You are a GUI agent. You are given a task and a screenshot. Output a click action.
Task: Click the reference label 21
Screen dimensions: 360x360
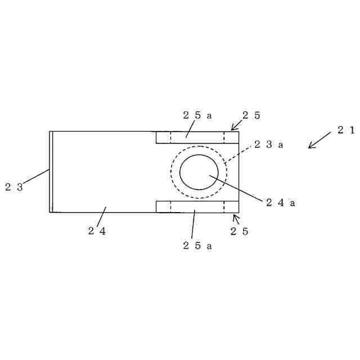[346, 130]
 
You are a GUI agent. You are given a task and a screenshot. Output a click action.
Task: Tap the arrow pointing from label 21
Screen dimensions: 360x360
[319, 141]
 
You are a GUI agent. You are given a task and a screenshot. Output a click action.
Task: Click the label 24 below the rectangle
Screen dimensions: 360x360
[97, 231]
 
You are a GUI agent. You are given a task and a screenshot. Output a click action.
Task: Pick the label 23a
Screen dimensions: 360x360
[268, 145]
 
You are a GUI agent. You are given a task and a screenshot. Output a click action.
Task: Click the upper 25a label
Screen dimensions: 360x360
[197, 115]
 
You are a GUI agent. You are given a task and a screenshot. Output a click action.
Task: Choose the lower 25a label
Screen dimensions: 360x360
[197, 245]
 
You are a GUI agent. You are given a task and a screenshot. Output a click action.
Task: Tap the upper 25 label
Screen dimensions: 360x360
[251, 115]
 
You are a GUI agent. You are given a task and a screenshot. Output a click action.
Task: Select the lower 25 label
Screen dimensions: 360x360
[239, 231]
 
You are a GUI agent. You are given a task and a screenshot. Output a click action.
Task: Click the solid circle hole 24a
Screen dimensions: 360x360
[199, 172]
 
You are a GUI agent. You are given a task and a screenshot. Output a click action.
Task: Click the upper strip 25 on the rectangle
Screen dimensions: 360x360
[197, 137]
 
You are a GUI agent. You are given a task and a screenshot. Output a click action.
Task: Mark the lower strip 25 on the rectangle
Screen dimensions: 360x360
[197, 206]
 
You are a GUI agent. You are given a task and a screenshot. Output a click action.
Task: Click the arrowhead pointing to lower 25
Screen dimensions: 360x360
[236, 217]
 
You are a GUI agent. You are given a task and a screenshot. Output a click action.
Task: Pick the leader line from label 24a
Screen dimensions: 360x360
[236, 188]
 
